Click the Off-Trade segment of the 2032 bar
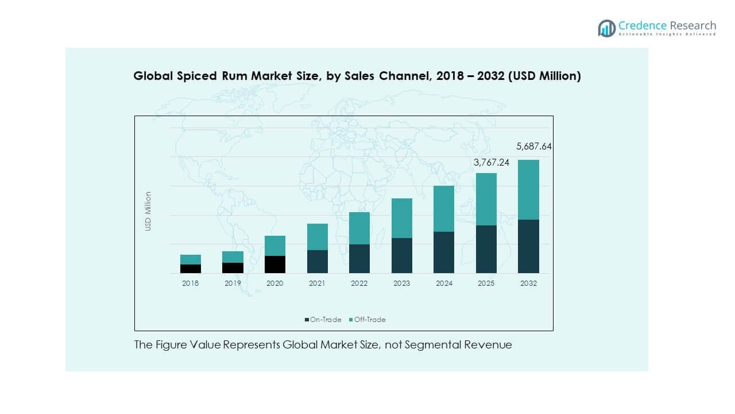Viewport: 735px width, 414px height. (x=528, y=190)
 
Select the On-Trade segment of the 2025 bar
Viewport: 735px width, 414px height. (x=486, y=249)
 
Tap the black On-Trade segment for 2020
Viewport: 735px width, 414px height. (x=275, y=264)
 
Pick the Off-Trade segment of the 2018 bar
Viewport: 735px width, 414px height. (x=191, y=259)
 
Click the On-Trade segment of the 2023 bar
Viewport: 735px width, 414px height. (x=402, y=255)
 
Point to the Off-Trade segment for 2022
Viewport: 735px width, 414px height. (x=359, y=228)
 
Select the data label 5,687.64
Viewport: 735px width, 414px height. (x=533, y=147)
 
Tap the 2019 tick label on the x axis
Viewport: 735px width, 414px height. (x=233, y=283)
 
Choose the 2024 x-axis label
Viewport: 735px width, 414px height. (x=444, y=283)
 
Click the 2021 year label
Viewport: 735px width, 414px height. (x=317, y=283)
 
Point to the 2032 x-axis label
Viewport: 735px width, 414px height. (x=528, y=283)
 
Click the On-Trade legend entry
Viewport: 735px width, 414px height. (x=323, y=320)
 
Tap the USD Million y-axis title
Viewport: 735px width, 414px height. (x=148, y=212)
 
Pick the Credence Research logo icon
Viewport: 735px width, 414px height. (x=606, y=28)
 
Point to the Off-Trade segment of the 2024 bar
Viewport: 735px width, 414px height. (x=444, y=209)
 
